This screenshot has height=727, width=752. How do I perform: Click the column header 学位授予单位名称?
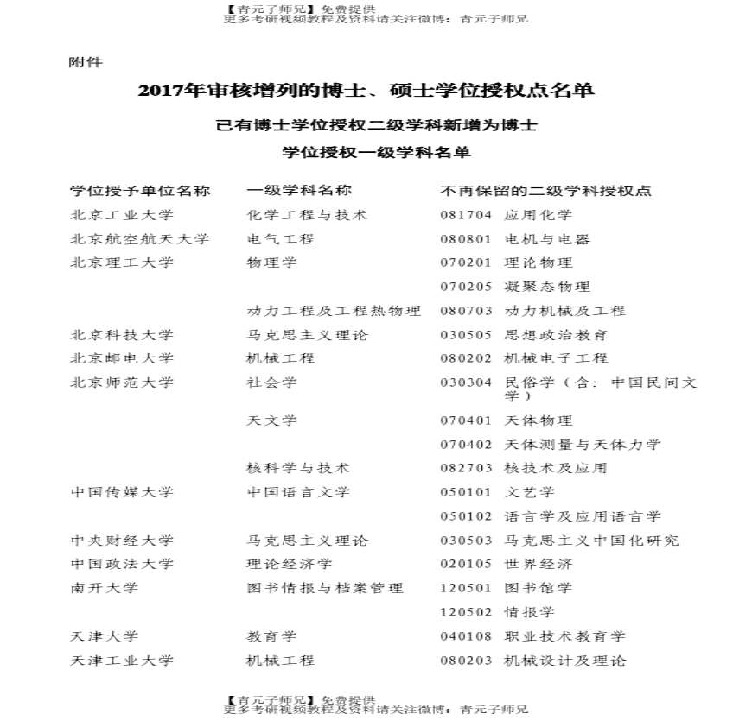[140, 191]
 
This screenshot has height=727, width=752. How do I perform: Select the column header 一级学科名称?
[299, 191]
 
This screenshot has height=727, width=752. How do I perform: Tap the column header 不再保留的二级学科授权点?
[545, 191]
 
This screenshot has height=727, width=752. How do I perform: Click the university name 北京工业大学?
[122, 215]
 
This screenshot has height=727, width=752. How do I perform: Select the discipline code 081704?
[466, 215]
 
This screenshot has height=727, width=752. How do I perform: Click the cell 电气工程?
[281, 239]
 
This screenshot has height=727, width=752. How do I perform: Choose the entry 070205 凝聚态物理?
[515, 287]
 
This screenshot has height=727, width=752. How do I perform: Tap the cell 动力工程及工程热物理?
[334, 311]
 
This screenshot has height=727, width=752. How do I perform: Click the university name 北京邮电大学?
[122, 358]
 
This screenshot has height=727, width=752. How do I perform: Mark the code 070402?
[466, 445]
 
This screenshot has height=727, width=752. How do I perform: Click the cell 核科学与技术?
[298, 468]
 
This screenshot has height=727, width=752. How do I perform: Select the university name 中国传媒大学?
[122, 492]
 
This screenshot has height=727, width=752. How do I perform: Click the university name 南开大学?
[104, 588]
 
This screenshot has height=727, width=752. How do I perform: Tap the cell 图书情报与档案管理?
[325, 588]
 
